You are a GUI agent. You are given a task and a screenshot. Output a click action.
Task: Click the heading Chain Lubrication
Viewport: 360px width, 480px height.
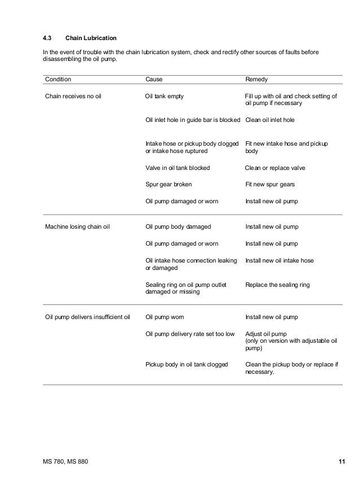click(x=91, y=38)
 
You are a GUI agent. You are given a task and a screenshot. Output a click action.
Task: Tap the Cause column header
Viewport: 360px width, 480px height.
click(x=154, y=80)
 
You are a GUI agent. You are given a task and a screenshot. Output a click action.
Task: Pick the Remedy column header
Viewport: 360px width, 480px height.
click(x=257, y=80)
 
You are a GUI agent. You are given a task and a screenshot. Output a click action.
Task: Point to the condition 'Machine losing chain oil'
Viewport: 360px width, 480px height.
click(x=77, y=227)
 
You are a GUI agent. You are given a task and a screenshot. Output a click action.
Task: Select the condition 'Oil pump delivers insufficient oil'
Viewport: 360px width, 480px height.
click(x=87, y=317)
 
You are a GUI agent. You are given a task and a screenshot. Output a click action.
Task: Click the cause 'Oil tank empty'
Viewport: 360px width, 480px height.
click(x=164, y=96)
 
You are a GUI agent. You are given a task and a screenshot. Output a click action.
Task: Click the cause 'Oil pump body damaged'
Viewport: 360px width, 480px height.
click(x=178, y=227)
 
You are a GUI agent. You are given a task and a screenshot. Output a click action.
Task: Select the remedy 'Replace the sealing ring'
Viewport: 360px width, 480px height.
click(x=278, y=285)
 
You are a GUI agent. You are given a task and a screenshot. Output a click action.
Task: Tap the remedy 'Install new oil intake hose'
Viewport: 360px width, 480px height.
click(x=279, y=260)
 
